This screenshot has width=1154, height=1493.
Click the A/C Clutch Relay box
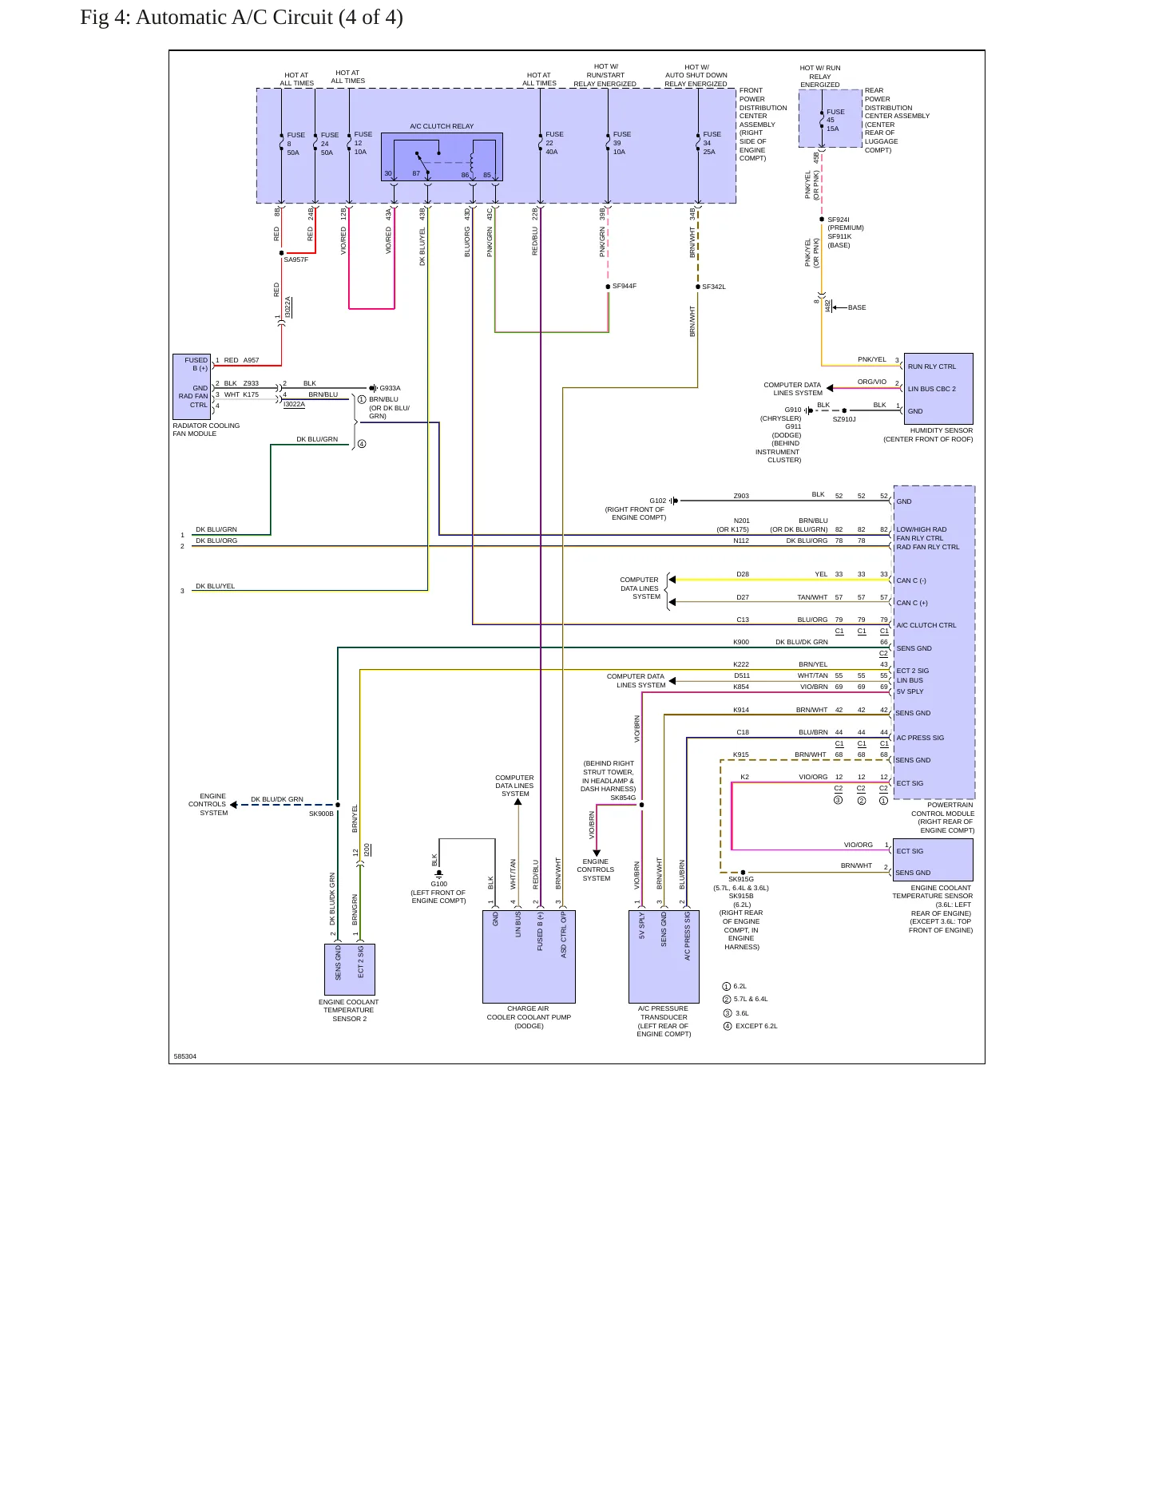click(x=442, y=156)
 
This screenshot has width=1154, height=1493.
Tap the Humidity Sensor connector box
click(x=938, y=389)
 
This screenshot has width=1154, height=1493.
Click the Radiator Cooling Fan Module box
click(x=192, y=387)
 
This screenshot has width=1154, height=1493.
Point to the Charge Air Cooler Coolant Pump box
click(x=529, y=956)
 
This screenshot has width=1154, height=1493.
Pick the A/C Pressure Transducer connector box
click(x=664, y=956)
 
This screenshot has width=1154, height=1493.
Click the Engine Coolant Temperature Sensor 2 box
click(x=350, y=969)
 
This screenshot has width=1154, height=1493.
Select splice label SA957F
click(x=295, y=259)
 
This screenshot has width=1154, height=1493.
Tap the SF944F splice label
click(x=625, y=286)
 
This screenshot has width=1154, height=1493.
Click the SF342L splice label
click(x=714, y=287)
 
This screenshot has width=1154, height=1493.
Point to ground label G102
click(x=657, y=501)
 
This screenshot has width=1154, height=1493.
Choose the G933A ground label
click(x=390, y=388)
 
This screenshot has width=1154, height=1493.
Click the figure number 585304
click(x=185, y=1056)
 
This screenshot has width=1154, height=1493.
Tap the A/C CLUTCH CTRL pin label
click(x=926, y=625)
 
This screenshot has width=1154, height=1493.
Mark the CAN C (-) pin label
click(x=911, y=580)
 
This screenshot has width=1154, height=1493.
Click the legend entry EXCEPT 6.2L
click(x=756, y=1026)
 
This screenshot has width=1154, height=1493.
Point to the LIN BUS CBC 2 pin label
click(x=932, y=389)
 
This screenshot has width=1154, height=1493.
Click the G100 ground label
click(x=439, y=884)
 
